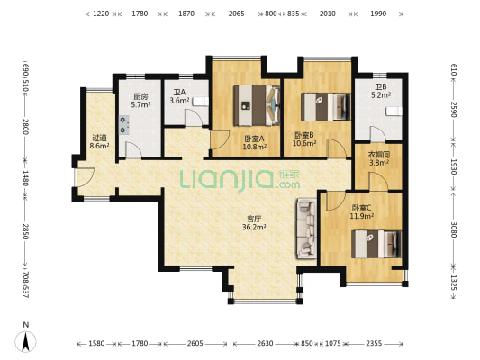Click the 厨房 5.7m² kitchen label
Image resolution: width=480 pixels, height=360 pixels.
coord(140,100)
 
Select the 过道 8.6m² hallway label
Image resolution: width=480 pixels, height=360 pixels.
coord(98,141)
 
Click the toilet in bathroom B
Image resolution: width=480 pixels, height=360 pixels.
coord(393,112)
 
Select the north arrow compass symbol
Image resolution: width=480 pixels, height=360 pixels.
coord(26,339)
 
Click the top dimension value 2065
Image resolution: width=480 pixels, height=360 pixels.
coord(236,14)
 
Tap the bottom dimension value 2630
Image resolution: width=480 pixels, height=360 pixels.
coord(264,344)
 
